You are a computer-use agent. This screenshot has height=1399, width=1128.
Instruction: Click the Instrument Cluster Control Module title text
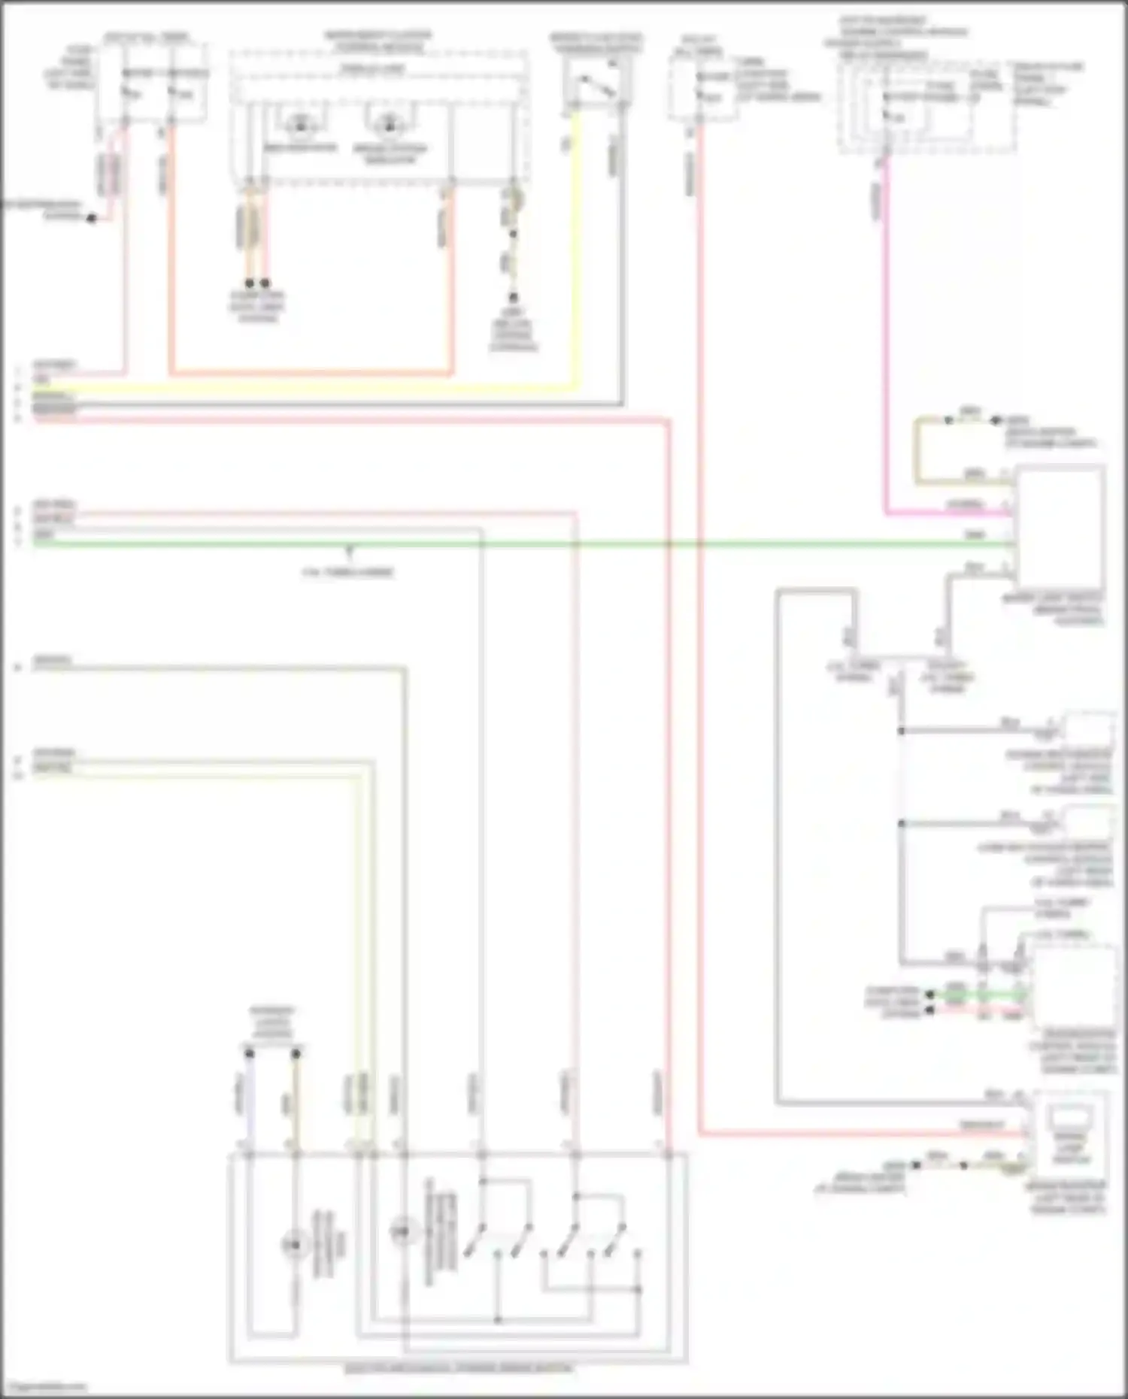[x=378, y=41]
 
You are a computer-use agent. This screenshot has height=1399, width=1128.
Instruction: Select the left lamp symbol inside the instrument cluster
[x=301, y=126]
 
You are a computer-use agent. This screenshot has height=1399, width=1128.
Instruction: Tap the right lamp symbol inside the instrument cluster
[x=389, y=126]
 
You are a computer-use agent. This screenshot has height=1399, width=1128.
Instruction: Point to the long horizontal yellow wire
[x=301, y=389]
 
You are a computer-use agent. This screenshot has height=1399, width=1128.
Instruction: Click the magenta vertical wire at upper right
[x=886, y=338]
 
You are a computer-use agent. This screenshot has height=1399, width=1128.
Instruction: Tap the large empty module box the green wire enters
[x=1060, y=526]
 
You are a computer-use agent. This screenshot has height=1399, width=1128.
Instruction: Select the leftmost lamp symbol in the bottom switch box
[x=295, y=1245]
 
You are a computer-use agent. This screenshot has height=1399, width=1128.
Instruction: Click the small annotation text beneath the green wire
[x=348, y=572]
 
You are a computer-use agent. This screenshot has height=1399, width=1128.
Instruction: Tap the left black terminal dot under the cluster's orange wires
[x=250, y=283]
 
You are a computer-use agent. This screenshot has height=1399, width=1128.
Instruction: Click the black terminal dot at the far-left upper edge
[x=91, y=218]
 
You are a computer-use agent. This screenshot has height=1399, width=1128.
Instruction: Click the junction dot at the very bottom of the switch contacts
[x=497, y=1319]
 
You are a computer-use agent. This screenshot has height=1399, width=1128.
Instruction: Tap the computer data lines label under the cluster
[x=257, y=307]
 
